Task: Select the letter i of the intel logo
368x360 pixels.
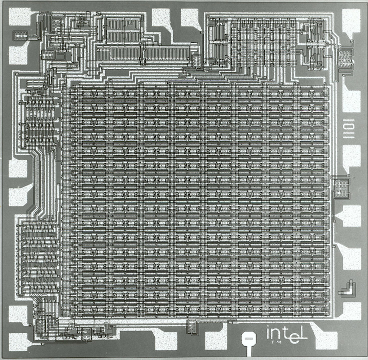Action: [x=268, y=332]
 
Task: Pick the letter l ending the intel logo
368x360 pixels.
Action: [x=303, y=331]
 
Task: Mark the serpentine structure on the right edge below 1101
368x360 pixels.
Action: [x=341, y=186]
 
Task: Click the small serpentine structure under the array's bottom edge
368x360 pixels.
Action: [x=193, y=326]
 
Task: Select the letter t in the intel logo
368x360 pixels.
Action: [x=285, y=331]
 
